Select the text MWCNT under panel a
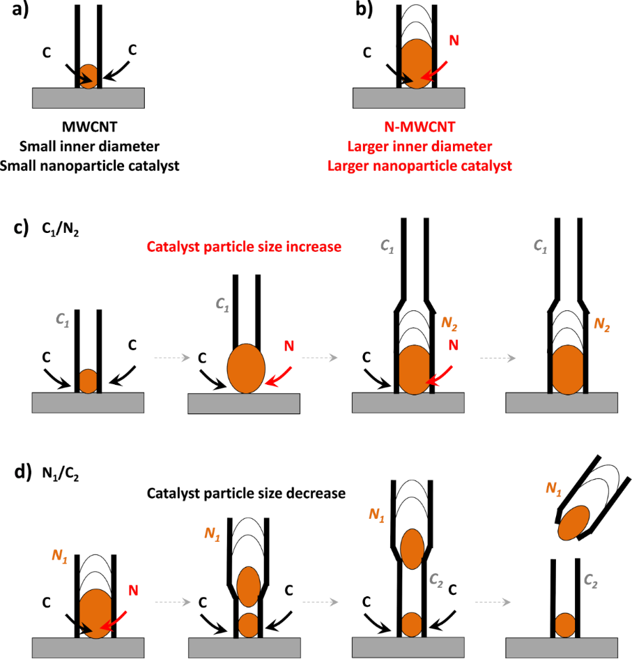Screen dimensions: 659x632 [88, 129]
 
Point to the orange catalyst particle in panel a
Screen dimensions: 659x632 [88, 75]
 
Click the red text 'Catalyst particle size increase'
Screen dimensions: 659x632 [244, 247]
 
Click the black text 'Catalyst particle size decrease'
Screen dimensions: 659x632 [246, 493]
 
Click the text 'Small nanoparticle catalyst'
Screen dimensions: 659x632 [88, 165]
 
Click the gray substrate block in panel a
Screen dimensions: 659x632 [88, 98]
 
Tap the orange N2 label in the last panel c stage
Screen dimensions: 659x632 [603, 324]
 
